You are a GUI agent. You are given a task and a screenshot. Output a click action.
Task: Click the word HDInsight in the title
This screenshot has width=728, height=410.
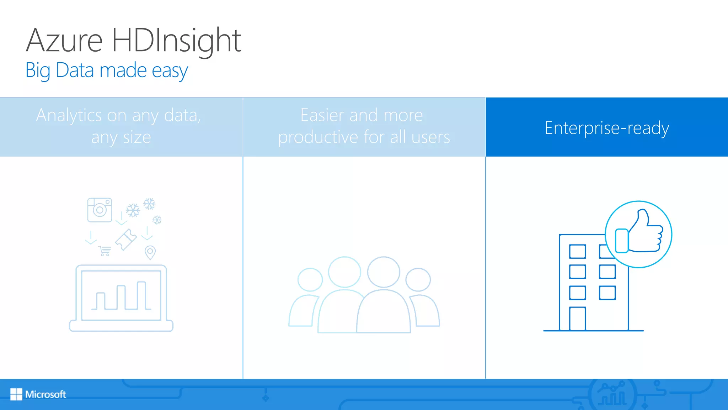pos(176,41)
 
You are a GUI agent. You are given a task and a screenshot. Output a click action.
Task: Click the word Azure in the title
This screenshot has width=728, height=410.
pos(64,41)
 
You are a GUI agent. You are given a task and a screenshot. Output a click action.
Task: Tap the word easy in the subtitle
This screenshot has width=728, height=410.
pos(170,70)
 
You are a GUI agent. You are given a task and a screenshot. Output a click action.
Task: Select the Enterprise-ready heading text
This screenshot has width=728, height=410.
pos(607,128)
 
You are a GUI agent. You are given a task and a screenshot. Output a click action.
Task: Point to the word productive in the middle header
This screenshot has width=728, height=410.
pos(318,137)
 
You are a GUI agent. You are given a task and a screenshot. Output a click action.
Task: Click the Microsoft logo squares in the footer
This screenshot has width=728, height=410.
pos(16,394)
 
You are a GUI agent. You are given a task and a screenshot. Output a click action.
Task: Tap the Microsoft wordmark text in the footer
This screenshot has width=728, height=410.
pos(45,394)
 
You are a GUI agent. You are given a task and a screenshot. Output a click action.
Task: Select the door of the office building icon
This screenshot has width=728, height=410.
pos(577,319)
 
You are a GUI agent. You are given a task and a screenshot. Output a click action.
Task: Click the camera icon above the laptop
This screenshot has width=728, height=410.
pos(100,210)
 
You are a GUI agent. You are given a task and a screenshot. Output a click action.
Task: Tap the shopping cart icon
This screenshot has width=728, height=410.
pos(105,251)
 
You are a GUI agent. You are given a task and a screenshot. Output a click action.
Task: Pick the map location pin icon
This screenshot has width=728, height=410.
pos(150,252)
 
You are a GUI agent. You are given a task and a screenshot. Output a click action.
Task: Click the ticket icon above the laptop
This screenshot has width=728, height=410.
pos(126,240)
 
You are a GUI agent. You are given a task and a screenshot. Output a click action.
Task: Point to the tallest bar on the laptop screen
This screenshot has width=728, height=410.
pos(141,295)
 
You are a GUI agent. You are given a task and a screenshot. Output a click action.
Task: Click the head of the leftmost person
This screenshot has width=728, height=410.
pos(310,280)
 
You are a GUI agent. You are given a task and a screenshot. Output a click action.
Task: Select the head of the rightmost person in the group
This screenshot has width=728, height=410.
pos(418,280)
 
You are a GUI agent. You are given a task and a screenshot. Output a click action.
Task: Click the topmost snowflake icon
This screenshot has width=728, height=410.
pos(149,204)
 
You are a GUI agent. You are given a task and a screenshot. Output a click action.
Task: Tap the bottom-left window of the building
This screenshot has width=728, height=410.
pos(577,293)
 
